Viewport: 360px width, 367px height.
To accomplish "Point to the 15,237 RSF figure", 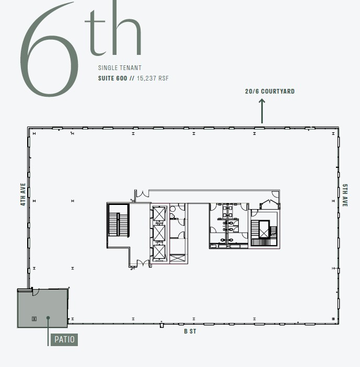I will (153, 78).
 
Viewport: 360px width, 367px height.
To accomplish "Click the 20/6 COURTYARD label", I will (270, 91).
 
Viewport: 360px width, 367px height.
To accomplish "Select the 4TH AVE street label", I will (23, 194).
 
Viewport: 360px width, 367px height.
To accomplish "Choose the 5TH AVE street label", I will (345, 196).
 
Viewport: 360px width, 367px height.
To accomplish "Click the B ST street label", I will (190, 331).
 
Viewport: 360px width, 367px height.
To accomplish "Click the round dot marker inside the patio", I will (48, 317).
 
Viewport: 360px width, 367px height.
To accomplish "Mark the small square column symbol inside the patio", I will (34, 318).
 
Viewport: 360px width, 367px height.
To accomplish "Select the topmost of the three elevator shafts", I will (159, 213).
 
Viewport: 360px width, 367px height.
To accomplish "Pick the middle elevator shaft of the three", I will (159, 233).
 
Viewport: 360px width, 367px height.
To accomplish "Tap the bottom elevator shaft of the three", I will (159, 252).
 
